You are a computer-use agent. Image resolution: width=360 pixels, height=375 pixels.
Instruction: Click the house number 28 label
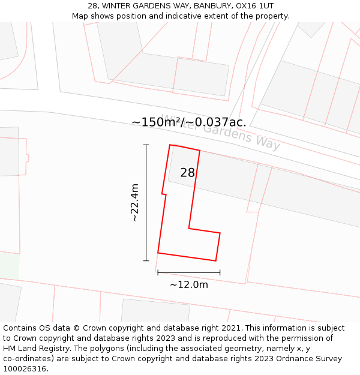(187, 173)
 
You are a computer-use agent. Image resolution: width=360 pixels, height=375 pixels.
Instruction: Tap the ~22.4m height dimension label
(135, 203)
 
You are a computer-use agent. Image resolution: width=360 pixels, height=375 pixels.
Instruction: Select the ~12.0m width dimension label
(189, 284)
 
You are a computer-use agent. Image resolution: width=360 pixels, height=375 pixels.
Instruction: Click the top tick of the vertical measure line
(146, 145)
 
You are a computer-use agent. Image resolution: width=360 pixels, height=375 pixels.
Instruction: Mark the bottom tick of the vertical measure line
(146, 260)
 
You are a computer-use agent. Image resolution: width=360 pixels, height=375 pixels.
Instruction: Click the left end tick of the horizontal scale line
(158, 272)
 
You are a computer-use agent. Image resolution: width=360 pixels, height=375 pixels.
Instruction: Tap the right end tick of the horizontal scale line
(220, 272)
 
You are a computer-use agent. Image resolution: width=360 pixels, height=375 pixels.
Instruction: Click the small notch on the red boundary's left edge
(164, 194)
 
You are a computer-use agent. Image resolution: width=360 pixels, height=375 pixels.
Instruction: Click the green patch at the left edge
(9, 266)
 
